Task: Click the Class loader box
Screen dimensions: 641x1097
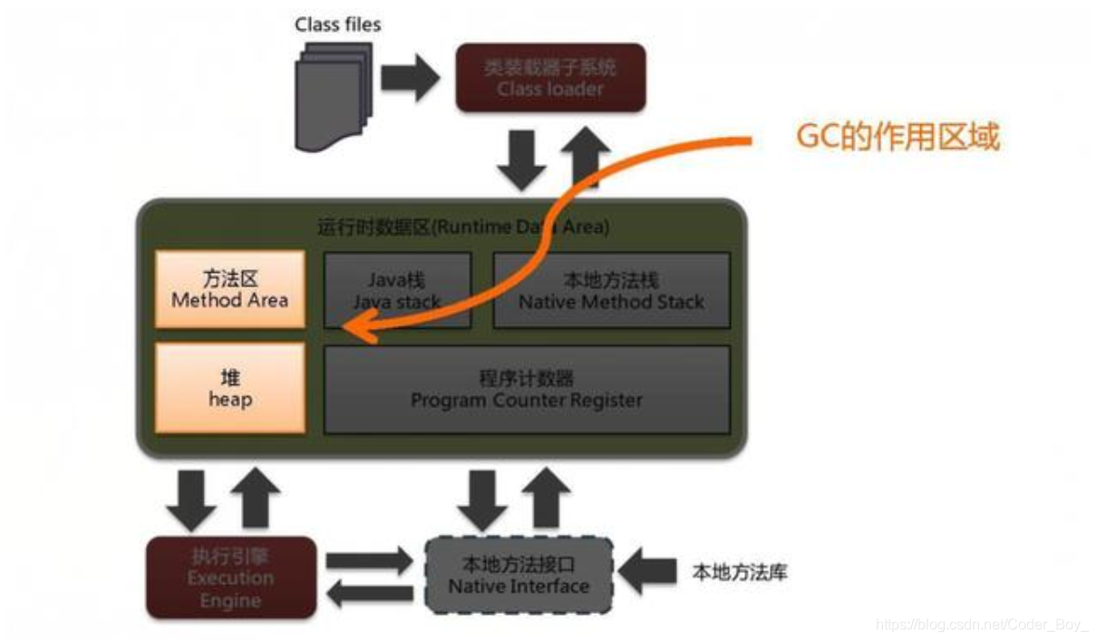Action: [x=550, y=78]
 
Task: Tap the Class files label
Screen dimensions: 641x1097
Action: [x=337, y=24]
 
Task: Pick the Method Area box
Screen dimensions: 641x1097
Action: [x=229, y=289]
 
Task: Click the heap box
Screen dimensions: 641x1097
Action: [x=229, y=387]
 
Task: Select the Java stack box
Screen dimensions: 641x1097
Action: [x=397, y=289]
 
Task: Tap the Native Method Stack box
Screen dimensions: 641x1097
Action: [x=611, y=289]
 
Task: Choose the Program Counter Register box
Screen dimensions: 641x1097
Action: [x=526, y=389]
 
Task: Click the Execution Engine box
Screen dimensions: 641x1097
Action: [x=231, y=578]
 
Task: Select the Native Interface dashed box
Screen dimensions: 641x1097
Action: [x=519, y=576]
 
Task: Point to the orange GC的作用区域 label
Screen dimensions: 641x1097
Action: [x=898, y=138]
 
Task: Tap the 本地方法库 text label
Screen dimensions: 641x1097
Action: [x=740, y=572]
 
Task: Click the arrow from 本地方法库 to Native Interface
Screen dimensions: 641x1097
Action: [x=651, y=571]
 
